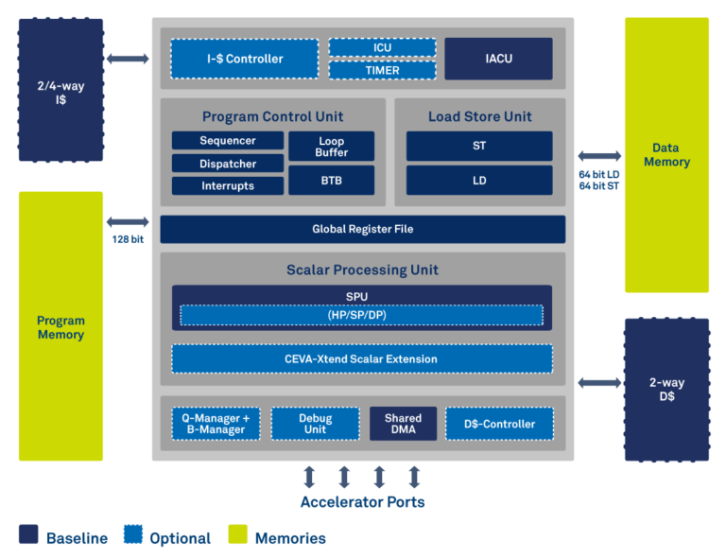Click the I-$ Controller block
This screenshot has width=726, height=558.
click(x=245, y=59)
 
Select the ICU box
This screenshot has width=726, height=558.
click(x=382, y=47)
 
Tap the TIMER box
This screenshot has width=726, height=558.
click(x=382, y=70)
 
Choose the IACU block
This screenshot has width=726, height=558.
click(x=498, y=59)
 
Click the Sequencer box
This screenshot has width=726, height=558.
click(x=227, y=141)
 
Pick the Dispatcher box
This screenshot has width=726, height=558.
click(x=227, y=164)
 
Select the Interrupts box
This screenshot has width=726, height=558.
click(x=227, y=186)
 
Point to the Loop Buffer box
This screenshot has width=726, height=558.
click(x=331, y=147)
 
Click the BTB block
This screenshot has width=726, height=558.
click(x=331, y=181)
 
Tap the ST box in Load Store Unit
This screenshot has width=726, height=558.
click(x=479, y=147)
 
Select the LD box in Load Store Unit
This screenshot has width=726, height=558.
click(x=479, y=181)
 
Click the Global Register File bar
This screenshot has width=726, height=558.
click(x=362, y=229)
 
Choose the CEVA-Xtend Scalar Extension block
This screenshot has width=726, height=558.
click(x=362, y=359)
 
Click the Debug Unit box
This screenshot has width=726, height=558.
click(x=315, y=424)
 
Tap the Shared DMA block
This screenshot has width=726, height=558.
click(x=403, y=424)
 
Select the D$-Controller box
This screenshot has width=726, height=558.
click(x=498, y=424)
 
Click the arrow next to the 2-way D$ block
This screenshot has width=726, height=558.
click(x=599, y=382)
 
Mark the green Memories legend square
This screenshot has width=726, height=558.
click(x=239, y=535)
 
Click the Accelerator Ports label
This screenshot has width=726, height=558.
click(x=362, y=502)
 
